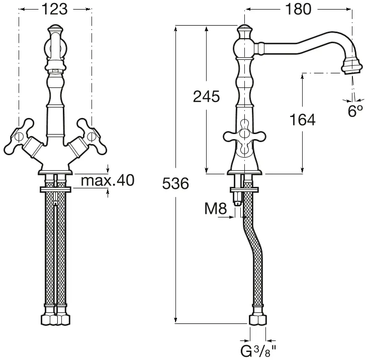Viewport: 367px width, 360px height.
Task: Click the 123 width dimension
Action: coord(55,10)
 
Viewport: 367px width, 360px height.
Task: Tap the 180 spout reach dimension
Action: coord(299,10)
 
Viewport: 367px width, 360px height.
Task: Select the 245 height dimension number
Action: coord(207,96)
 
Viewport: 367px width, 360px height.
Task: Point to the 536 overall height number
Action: coord(175,183)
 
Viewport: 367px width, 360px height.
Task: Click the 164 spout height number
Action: coord(303,119)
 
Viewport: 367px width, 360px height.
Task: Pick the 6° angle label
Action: coord(355,111)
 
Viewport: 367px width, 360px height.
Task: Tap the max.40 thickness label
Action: coord(108,180)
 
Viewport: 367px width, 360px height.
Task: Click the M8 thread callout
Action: coord(216,208)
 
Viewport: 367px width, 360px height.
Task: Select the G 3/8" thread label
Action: coord(258,350)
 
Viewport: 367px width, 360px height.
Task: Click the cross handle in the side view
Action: coord(244,136)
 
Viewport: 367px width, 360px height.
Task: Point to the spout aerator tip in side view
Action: coord(351,67)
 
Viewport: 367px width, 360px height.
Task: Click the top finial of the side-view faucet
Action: coord(245,31)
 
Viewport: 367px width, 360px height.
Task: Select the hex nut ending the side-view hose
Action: coord(258,320)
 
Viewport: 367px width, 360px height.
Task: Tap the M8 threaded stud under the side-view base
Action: coord(237,199)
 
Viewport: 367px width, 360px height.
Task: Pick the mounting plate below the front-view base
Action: coord(55,190)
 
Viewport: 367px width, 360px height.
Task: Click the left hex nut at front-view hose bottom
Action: coord(49,319)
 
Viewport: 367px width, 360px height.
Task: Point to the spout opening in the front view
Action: coord(55,71)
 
